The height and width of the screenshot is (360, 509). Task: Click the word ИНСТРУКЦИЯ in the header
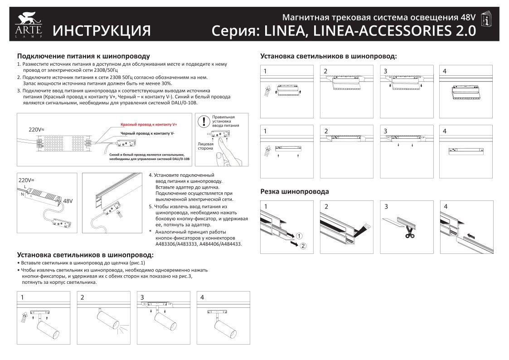click(x=102, y=30)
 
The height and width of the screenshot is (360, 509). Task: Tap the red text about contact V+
click(x=149, y=124)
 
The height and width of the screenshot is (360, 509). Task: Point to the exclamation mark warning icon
click(x=204, y=121)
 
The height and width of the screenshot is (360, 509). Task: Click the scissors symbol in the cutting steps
click(x=410, y=234)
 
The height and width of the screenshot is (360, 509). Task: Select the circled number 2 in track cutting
click(x=303, y=246)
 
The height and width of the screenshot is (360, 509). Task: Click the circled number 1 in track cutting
click(x=300, y=236)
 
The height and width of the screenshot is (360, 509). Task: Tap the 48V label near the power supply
click(x=68, y=200)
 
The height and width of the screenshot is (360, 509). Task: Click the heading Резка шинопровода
click(x=294, y=192)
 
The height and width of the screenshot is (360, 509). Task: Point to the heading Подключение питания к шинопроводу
click(x=83, y=56)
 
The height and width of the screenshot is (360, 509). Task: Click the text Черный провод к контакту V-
click(x=147, y=133)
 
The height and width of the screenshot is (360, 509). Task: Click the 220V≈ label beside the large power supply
click(x=36, y=129)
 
